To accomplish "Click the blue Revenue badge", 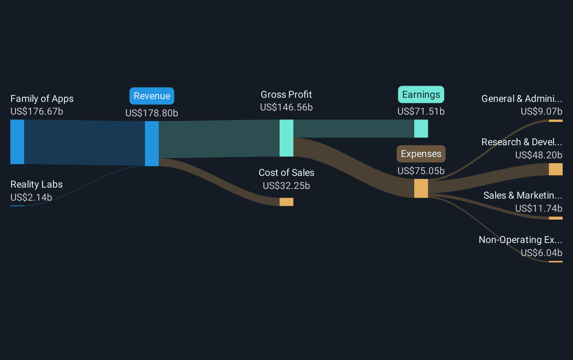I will pyautogui.click(x=152, y=96).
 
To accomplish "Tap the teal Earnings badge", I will pyautogui.click(x=421, y=95).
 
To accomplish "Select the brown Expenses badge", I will pyautogui.click(x=421, y=154).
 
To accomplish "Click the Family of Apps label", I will pyautogui.click(x=42, y=99).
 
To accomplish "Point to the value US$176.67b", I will pyautogui.click(x=37, y=112).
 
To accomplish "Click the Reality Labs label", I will pyautogui.click(x=37, y=184).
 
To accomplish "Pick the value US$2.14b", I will pyautogui.click(x=31, y=198).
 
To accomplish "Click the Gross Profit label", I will pyautogui.click(x=286, y=95).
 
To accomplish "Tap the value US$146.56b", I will pyautogui.click(x=286, y=107).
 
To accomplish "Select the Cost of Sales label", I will pyautogui.click(x=286, y=173).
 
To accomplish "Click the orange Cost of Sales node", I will pyautogui.click(x=286, y=202).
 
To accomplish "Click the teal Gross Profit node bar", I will pyautogui.click(x=286, y=138).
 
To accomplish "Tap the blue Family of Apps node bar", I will pyautogui.click(x=17, y=142).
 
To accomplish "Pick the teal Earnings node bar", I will pyautogui.click(x=421, y=129).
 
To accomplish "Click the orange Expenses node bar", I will pyautogui.click(x=421, y=188).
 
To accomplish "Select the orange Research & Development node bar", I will pyautogui.click(x=555, y=169).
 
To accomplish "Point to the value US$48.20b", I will pyautogui.click(x=539, y=155).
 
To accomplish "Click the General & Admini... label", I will pyautogui.click(x=522, y=99).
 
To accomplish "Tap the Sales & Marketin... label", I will pyautogui.click(x=522, y=195).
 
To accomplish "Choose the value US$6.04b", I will pyautogui.click(x=541, y=253).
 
